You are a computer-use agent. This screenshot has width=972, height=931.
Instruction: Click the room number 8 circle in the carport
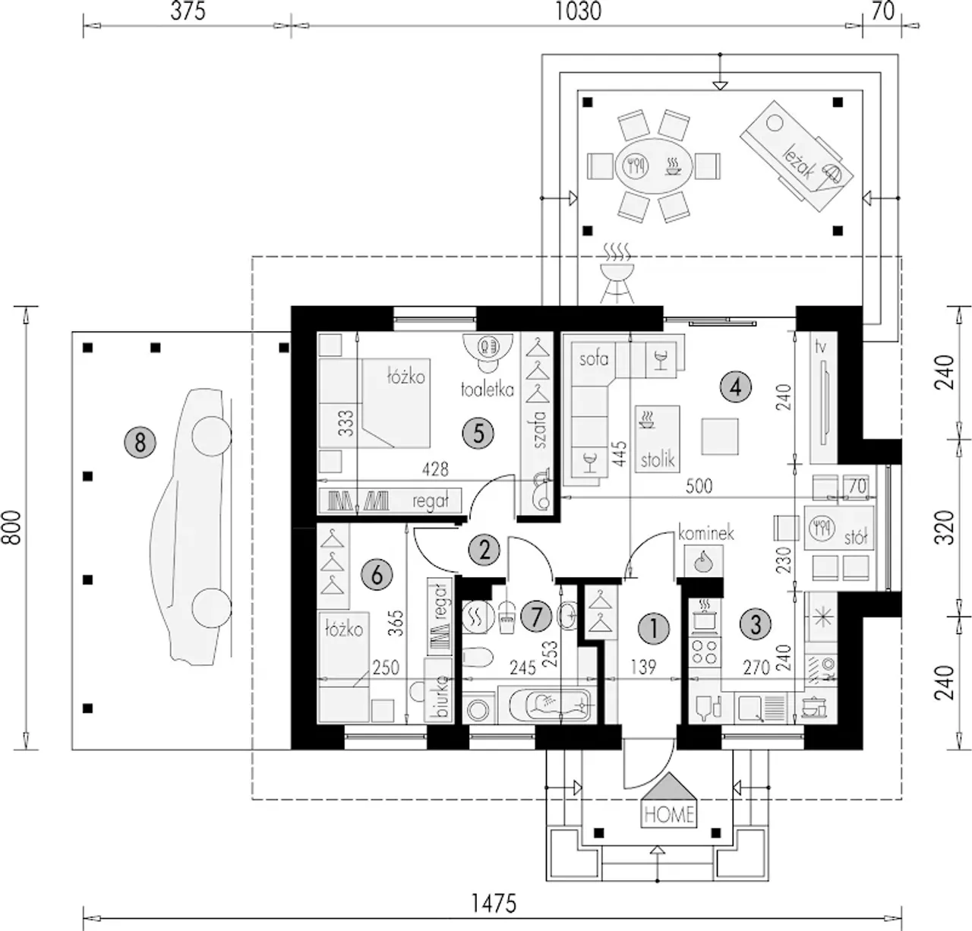tap(140, 443)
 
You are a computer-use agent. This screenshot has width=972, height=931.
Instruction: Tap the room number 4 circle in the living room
tap(736, 387)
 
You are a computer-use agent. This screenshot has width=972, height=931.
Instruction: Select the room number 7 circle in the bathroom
tap(536, 617)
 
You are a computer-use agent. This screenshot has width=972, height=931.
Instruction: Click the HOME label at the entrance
tap(669, 815)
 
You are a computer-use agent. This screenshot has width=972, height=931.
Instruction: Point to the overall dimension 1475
tap(494, 903)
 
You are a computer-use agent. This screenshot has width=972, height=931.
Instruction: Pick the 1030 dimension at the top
tap(579, 11)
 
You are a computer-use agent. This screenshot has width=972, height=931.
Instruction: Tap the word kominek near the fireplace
tap(705, 534)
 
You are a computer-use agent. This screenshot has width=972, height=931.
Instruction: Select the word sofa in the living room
tap(594, 358)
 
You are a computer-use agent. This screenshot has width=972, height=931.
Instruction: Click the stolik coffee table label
tap(658, 459)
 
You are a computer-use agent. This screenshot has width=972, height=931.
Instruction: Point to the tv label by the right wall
tap(820, 347)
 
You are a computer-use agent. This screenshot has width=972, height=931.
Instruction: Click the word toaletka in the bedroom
tap(487, 390)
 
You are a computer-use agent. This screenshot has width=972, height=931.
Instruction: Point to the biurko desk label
tap(441, 696)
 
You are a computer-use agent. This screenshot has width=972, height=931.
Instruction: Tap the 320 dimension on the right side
tap(945, 527)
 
